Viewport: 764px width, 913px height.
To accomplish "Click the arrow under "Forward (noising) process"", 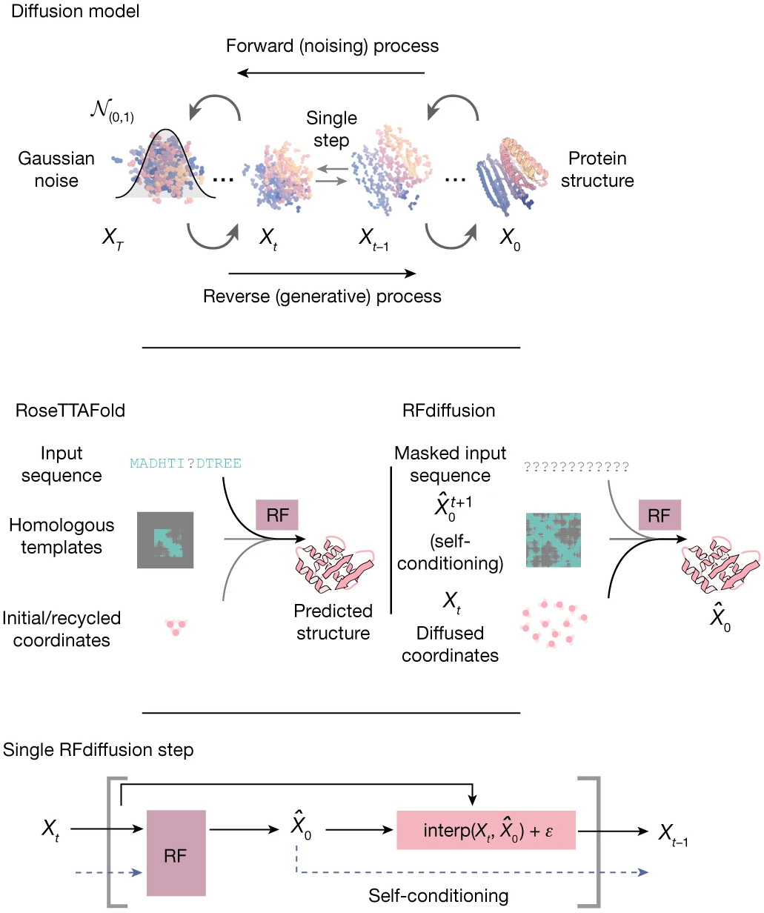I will click(x=331, y=73).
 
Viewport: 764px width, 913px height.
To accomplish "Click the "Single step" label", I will click(x=331, y=129).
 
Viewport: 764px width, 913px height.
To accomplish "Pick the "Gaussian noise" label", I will click(x=56, y=169).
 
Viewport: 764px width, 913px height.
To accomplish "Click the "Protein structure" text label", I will click(x=597, y=169).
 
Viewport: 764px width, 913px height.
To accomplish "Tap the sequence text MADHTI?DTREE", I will click(x=185, y=464).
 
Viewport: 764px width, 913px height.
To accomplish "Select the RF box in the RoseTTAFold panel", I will click(x=277, y=515).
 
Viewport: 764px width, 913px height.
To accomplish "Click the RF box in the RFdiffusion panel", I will click(x=658, y=515).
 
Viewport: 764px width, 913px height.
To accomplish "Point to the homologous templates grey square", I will click(x=165, y=540).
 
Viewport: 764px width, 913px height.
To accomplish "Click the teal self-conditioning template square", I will click(x=554, y=540).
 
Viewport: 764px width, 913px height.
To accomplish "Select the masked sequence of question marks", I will click(x=577, y=466).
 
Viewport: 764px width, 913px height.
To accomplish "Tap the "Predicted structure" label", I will click(x=333, y=622).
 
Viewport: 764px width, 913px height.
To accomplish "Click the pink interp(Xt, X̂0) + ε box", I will click(x=486, y=830).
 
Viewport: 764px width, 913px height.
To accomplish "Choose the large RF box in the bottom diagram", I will click(x=176, y=852).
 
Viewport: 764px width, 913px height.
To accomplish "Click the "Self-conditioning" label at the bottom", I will click(x=439, y=895).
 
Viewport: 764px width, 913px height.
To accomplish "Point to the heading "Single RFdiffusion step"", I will click(x=99, y=749).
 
